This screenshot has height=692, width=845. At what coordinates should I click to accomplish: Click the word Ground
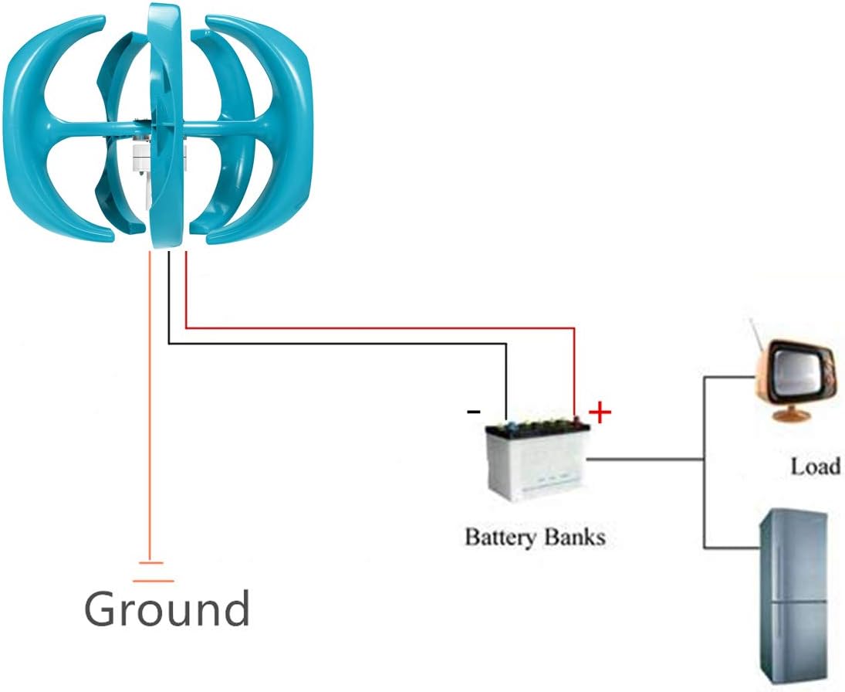167,609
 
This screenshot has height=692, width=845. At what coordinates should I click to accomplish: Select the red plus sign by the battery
600,413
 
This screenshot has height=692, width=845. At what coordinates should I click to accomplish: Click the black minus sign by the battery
473,412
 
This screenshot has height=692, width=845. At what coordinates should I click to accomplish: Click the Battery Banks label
535,536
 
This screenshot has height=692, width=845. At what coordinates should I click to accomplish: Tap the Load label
815,466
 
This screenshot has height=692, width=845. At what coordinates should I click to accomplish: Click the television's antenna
757,333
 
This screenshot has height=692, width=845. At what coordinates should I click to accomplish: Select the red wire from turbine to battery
386,327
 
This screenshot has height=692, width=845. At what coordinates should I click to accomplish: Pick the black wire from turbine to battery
340,344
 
